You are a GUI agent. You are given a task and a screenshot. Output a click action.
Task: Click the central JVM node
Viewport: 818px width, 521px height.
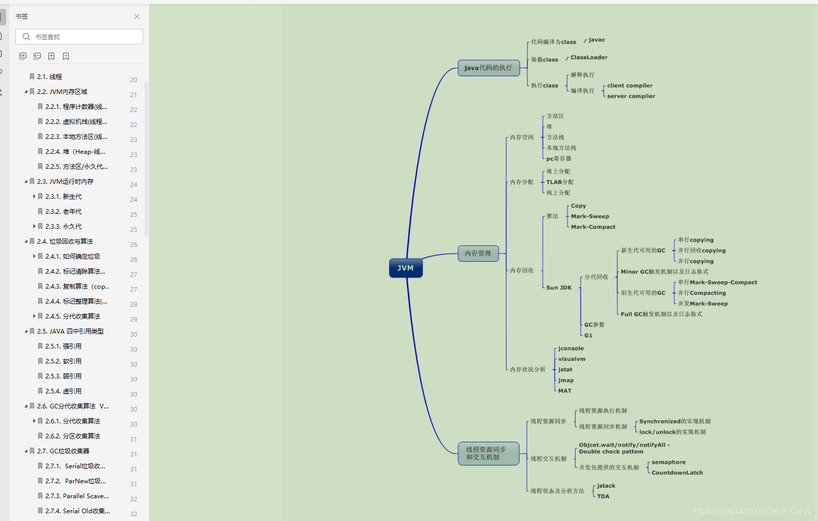406,268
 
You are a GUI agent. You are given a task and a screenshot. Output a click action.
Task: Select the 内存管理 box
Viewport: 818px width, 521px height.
478,253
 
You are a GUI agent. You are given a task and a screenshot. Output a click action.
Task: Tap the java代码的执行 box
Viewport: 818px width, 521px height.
489,68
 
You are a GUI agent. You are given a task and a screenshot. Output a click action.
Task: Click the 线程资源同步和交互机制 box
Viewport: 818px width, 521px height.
489,453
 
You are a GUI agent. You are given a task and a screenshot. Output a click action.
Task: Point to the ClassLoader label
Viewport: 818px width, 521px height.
589,57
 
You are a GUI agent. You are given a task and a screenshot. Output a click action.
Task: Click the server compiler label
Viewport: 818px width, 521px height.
631,96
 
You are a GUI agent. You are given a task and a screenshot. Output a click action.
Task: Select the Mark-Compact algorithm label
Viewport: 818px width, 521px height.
593,227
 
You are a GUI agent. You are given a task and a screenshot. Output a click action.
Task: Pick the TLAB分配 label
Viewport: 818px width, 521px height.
560,182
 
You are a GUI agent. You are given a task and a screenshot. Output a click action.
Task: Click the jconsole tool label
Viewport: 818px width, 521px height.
571,349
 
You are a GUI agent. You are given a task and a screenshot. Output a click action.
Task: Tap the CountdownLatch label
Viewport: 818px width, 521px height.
677,473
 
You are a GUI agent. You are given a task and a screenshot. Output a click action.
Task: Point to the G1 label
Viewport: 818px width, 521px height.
588,336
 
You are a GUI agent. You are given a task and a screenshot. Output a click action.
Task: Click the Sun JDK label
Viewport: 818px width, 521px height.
559,288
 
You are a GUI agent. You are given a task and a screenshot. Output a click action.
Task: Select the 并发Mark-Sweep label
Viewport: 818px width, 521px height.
703,304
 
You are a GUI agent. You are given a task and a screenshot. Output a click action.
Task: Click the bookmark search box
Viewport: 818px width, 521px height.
79,37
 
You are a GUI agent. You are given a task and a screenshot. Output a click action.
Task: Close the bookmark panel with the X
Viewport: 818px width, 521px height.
137,17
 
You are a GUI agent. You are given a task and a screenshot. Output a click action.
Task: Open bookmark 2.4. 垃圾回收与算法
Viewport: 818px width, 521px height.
65,242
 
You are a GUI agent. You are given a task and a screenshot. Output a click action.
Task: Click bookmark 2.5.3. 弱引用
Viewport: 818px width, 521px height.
63,376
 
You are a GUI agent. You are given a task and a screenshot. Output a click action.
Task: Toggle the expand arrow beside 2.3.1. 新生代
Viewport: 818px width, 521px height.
34,196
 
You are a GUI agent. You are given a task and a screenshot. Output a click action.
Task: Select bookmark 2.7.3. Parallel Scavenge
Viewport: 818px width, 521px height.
77,496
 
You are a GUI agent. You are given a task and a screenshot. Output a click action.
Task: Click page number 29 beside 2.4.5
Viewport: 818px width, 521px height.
134,319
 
